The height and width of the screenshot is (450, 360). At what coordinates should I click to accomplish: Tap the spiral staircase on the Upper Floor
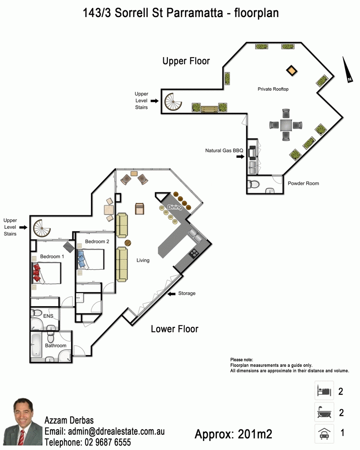(173, 102)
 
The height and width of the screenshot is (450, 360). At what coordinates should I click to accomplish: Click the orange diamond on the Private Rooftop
(292, 70)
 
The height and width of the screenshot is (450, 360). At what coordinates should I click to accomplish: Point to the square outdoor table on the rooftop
(286, 125)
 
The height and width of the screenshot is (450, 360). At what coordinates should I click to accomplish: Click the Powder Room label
(303, 183)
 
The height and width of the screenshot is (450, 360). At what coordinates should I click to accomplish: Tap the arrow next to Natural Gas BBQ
(240, 157)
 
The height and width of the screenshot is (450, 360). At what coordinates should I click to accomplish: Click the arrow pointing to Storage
(171, 294)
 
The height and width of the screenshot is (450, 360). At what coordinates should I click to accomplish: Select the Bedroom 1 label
(52, 257)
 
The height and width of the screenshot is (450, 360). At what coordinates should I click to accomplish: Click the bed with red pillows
(46, 273)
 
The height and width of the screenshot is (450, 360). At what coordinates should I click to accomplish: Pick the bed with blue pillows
(90, 259)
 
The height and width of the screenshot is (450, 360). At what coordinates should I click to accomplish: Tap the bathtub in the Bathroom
(36, 345)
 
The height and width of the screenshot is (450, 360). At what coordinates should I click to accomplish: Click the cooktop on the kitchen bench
(194, 253)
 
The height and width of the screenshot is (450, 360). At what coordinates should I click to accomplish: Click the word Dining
(175, 207)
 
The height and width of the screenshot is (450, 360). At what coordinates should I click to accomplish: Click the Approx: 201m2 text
(233, 434)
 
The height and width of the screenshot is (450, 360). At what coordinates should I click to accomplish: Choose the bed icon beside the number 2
(324, 390)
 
